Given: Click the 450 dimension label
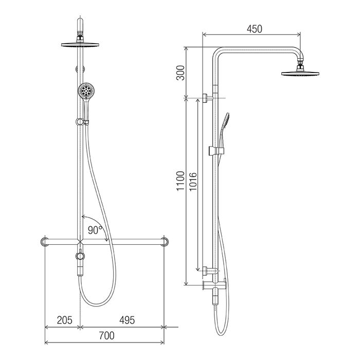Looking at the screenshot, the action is pos(254,29).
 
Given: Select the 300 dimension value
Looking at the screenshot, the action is pos(181,73).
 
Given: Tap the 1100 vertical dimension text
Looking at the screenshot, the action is pos(181,181).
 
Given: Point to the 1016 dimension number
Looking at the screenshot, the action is pos(193,182).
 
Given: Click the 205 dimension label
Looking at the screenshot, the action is pos(64,320).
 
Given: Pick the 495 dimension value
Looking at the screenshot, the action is pos(127,320).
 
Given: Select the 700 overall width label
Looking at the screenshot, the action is pos(106,336).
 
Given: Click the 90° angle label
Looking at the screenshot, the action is pos(95,230).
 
